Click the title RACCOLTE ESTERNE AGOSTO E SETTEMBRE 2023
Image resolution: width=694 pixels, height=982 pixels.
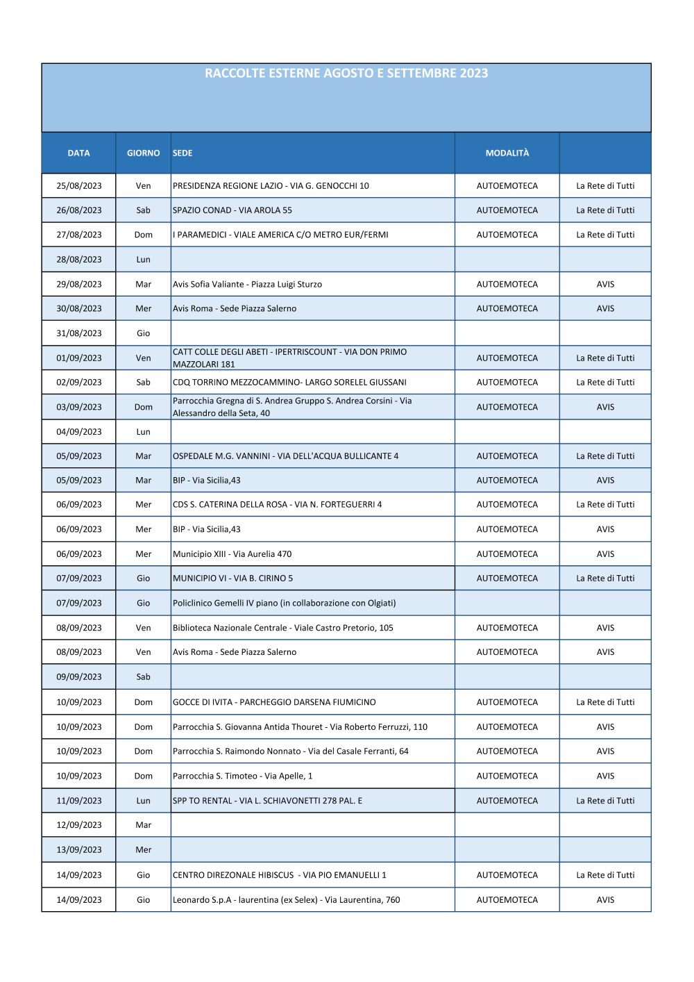tap(346, 74)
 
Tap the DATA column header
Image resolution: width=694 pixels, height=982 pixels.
tap(78, 153)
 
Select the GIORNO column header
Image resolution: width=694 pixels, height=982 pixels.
tap(143, 153)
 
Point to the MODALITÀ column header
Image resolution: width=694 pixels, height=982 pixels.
tap(507, 153)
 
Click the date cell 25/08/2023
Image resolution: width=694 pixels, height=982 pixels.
tap(79, 186)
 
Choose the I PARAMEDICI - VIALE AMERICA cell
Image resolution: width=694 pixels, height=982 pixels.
tap(280, 235)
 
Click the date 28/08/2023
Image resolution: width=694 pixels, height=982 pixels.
tap(79, 260)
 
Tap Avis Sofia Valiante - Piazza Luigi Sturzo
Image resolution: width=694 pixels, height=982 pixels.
tap(247, 284)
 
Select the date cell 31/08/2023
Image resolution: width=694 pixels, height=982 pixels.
tap(79, 333)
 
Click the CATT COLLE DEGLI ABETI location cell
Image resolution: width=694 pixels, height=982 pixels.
tap(290, 358)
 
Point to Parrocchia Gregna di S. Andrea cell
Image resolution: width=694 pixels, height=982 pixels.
tap(292, 407)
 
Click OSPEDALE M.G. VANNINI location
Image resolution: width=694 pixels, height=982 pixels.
tap(286, 456)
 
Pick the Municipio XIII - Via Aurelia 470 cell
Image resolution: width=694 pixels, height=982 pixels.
tap(232, 554)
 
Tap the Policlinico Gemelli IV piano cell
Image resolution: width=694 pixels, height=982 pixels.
tap(285, 603)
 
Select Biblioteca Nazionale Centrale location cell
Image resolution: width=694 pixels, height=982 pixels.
tap(283, 628)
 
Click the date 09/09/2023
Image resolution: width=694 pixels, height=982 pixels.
tap(79, 677)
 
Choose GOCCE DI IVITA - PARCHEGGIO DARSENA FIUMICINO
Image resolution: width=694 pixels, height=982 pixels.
tap(274, 702)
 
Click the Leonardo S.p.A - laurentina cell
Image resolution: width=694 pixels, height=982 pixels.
tap(287, 900)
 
